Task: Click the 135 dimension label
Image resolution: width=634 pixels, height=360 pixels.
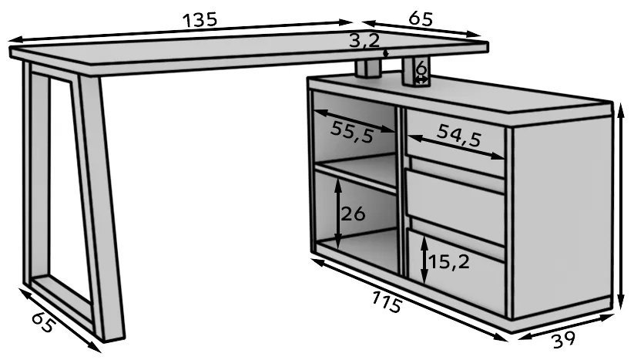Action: [x=200, y=20]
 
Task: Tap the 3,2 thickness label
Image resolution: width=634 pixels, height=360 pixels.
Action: [x=364, y=40]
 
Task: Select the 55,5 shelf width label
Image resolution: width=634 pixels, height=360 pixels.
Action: [x=352, y=132]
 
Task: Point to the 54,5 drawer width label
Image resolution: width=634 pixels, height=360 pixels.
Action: [x=459, y=136]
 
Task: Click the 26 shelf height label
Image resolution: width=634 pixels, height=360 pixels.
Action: [x=353, y=214]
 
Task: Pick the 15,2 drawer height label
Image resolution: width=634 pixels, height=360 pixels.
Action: [x=449, y=262]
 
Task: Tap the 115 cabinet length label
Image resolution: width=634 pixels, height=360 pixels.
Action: [x=387, y=301]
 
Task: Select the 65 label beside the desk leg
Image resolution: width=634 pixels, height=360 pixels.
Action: [x=42, y=322]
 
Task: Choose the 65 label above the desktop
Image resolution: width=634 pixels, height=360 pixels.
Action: [x=421, y=19]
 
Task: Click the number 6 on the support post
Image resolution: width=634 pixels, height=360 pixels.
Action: [x=421, y=69]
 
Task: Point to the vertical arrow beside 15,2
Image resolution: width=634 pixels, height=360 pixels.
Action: [x=424, y=259]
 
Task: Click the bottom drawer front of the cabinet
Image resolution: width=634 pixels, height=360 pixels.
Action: [x=457, y=263]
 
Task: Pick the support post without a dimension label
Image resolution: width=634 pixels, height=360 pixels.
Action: [x=368, y=69]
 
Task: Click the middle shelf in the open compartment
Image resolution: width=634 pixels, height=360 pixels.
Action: [x=356, y=172]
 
